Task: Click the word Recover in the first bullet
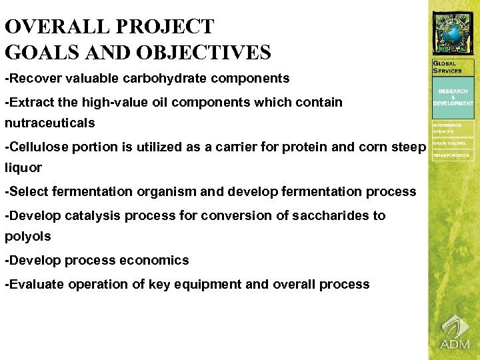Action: [x=32, y=79]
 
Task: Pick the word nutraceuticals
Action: [x=50, y=123]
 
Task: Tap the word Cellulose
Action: [x=35, y=147]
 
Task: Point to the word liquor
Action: [x=23, y=168]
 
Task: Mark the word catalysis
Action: [x=87, y=216]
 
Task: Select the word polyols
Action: [x=27, y=237]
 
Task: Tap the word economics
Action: [x=152, y=261]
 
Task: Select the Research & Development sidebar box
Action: [x=453, y=97]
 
